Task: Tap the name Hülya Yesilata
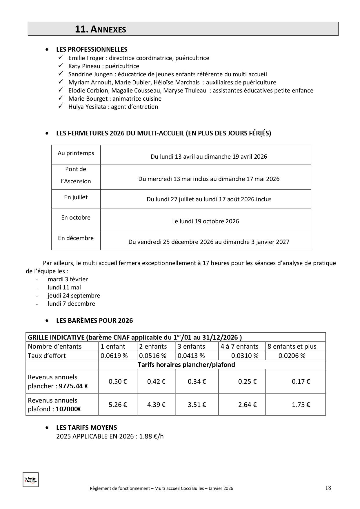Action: (x=87, y=107)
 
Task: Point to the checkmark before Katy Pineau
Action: (x=61, y=66)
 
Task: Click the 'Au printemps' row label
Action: (x=76, y=153)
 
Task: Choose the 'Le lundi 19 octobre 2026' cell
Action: (x=206, y=221)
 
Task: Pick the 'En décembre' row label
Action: (x=76, y=238)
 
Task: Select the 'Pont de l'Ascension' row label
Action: (x=76, y=175)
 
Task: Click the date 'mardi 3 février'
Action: (x=68, y=279)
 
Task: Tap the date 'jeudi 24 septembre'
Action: (x=74, y=296)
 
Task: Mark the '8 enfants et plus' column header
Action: (x=292, y=346)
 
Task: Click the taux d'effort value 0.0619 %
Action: (x=114, y=356)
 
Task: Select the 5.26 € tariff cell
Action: (x=118, y=405)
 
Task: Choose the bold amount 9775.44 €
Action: (x=74, y=386)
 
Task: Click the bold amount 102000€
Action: (x=68, y=409)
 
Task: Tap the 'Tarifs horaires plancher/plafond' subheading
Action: (x=186, y=365)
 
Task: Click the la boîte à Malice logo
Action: (x=30, y=480)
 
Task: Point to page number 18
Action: (x=328, y=488)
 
